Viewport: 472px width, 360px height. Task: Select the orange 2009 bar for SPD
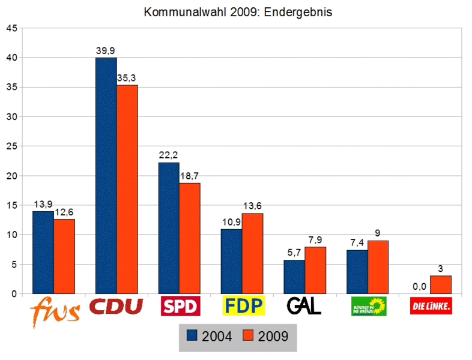pyautogui.click(x=190, y=238)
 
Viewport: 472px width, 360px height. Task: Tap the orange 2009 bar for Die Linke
pyautogui.click(x=440, y=284)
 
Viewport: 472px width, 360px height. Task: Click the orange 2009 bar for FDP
pyautogui.click(x=252, y=253)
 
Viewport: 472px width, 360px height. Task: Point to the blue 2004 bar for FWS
pyautogui.click(x=43, y=253)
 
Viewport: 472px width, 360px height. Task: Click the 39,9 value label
pyautogui.click(x=106, y=51)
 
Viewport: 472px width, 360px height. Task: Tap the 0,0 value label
pyautogui.click(x=419, y=287)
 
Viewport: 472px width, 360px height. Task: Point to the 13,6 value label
pyautogui.click(x=252, y=206)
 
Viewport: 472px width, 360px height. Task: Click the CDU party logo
pyautogui.click(x=116, y=307)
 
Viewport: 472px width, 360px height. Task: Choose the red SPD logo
pyautogui.click(x=180, y=306)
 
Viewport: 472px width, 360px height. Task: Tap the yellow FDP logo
pyautogui.click(x=243, y=306)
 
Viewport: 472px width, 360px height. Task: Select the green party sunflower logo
pyautogui.click(x=369, y=306)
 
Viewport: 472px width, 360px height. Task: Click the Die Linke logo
pyautogui.click(x=431, y=307)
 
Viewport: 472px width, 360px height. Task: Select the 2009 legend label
pyautogui.click(x=273, y=337)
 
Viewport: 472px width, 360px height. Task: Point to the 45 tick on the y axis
pyautogui.click(x=11, y=28)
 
